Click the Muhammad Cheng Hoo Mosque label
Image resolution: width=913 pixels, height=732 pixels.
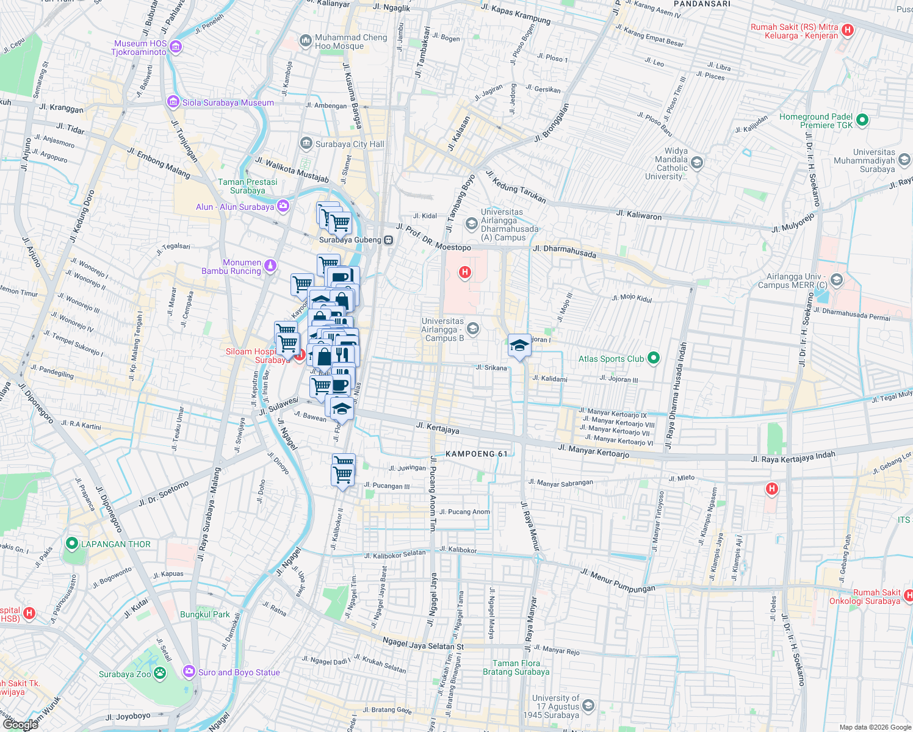[x=351, y=41]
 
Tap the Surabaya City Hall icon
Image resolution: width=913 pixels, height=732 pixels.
[x=306, y=144]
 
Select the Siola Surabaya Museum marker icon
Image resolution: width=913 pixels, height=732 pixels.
[x=173, y=102]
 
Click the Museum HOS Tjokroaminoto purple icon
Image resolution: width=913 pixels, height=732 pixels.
[x=176, y=47]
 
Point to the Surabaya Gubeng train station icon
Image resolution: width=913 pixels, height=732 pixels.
[x=388, y=240]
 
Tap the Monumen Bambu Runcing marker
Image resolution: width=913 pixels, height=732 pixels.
[x=270, y=266]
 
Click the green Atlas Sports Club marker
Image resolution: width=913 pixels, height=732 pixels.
[x=654, y=359]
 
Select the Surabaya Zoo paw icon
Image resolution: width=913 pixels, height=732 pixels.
[x=160, y=673]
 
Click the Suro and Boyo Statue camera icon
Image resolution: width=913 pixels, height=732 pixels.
[x=189, y=672]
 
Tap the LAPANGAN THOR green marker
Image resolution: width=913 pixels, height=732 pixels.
[x=72, y=544]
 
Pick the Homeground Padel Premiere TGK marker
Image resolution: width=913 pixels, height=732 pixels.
[x=862, y=120]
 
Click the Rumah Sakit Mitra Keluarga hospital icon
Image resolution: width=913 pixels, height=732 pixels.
[x=847, y=30]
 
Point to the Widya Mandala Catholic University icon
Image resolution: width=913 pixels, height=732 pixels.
[x=697, y=163]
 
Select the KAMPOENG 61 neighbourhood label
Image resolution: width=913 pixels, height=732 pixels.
[x=477, y=454]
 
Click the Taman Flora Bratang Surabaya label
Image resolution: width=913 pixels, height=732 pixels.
[x=516, y=667]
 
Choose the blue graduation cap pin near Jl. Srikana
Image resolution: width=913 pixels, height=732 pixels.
[x=519, y=346]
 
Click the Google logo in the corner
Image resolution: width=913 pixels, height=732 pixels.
[x=20, y=724]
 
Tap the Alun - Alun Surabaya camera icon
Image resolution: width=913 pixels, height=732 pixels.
[x=283, y=206]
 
